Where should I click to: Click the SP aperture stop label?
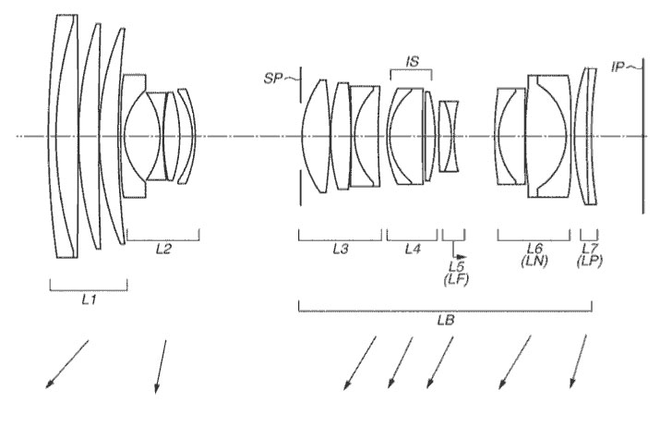pyautogui.click(x=273, y=79)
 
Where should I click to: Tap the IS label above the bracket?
pyautogui.click(x=412, y=61)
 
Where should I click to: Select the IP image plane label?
pyautogui.click(x=618, y=67)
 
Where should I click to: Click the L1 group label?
pyautogui.click(x=89, y=299)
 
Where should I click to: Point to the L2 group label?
pyautogui.click(x=163, y=249)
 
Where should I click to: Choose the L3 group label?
pyautogui.click(x=341, y=249)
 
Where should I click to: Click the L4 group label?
pyautogui.click(x=413, y=249)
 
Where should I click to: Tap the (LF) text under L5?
pyautogui.click(x=456, y=279)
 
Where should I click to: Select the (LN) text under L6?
pyautogui.click(x=534, y=261)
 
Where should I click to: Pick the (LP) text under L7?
pyautogui.click(x=590, y=261)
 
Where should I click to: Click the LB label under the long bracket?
pyautogui.click(x=446, y=320)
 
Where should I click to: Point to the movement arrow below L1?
pyautogui.click(x=67, y=364)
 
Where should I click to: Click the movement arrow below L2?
pyautogui.click(x=161, y=367)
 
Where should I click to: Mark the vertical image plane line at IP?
pyautogui.click(x=642, y=136)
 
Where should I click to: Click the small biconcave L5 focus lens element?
pyautogui.click(x=449, y=137)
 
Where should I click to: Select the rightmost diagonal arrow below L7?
pyautogui.click(x=578, y=361)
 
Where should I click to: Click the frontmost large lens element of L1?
pyautogui.click(x=64, y=136)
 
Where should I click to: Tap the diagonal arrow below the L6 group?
pyautogui.click(x=515, y=362)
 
